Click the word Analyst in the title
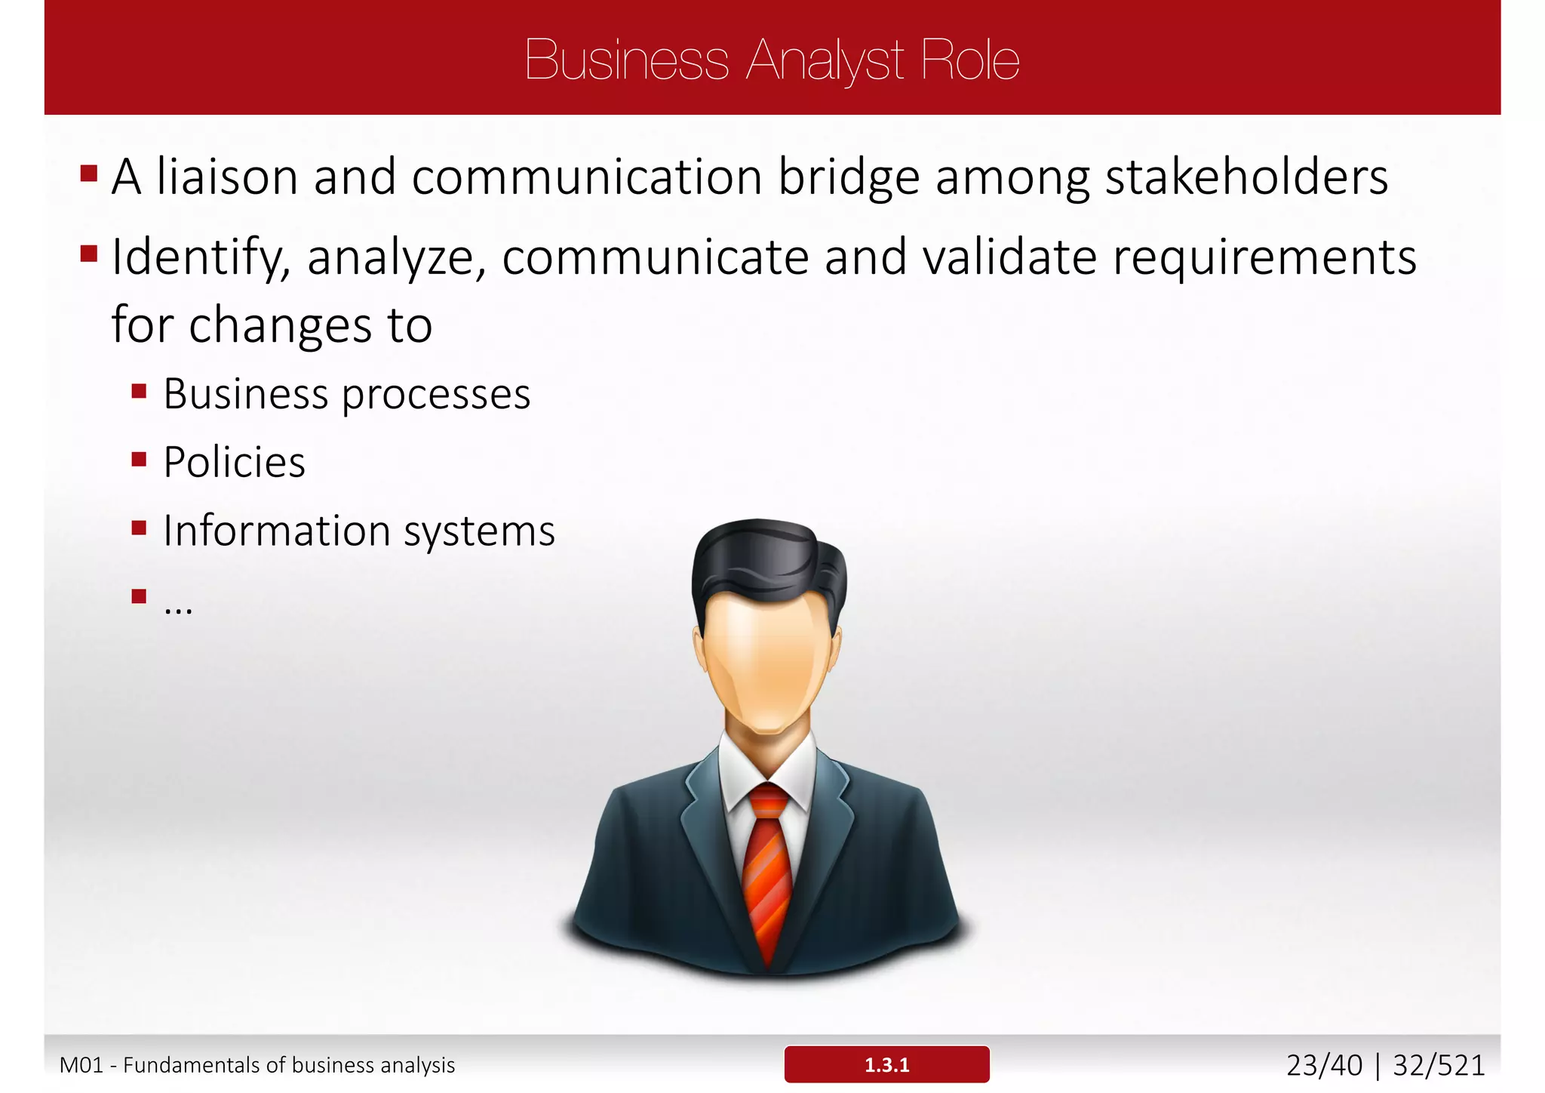[x=825, y=60]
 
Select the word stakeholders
[x=1246, y=177]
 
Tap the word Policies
[x=234, y=462]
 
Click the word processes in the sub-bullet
[x=436, y=395]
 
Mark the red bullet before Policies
[x=139, y=460]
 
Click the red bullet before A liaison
[x=89, y=174]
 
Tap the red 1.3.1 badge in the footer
[x=886, y=1064]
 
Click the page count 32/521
[x=1439, y=1065]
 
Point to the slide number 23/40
[x=1324, y=1065]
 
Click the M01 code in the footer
[x=81, y=1065]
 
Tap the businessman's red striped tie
[x=766, y=868]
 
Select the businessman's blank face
[x=766, y=657]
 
